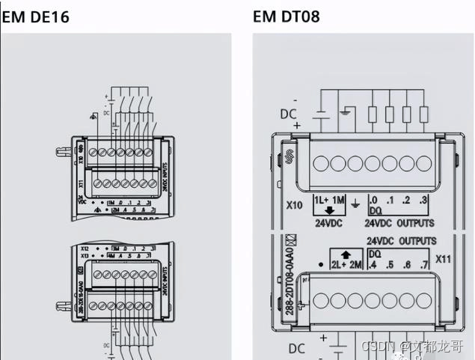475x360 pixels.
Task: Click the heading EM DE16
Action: pos(35,16)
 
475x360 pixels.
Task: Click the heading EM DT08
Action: pos(286,16)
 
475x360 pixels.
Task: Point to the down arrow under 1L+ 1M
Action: pos(328,210)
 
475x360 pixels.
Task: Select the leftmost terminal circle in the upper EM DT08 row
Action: pos(320,162)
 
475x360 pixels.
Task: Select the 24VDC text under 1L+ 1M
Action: pos(328,223)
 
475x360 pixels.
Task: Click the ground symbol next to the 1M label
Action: pos(355,201)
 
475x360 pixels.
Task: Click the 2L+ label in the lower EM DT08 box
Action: pos(337,265)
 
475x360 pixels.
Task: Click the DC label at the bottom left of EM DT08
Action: pos(296,349)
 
